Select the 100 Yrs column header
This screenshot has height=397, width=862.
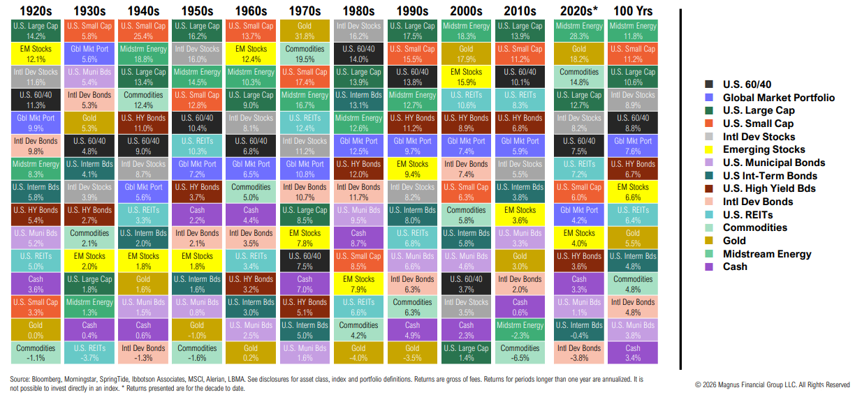[x=632, y=10]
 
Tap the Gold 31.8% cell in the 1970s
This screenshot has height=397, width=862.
[x=304, y=31]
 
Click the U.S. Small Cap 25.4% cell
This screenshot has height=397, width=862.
[x=143, y=31]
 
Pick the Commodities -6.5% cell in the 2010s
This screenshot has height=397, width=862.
[x=520, y=353]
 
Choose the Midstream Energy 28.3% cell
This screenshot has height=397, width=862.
[x=579, y=31]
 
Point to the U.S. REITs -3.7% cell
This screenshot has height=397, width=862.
[x=89, y=353]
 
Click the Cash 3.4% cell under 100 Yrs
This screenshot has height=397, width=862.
[x=632, y=353]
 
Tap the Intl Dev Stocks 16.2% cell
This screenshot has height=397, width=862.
[x=358, y=31]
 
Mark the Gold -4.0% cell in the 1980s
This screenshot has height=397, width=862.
[x=358, y=353]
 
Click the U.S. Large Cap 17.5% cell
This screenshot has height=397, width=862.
[x=412, y=31]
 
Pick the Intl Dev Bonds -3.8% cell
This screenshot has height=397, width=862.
[x=579, y=353]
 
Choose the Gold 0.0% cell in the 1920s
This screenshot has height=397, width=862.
[x=35, y=330]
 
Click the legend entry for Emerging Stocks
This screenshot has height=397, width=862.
[x=764, y=149]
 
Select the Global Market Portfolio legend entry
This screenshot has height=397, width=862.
[x=778, y=98]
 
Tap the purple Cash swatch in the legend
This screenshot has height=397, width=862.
[x=710, y=267]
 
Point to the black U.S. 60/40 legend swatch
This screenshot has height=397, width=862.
[x=710, y=84]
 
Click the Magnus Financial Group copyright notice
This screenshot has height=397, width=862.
[x=772, y=384]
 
